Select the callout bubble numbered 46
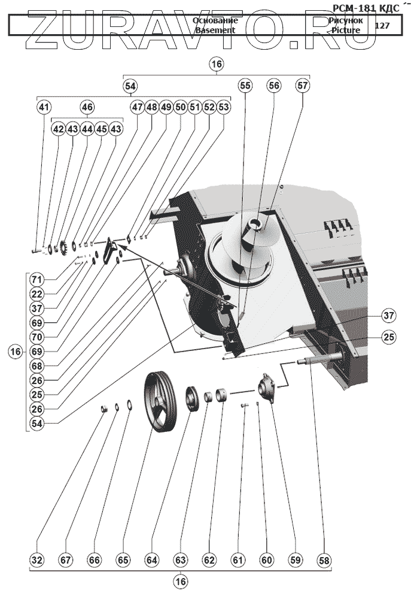click(87, 108)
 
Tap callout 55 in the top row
click(245, 86)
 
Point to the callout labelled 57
click(303, 86)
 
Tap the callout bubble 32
click(38, 560)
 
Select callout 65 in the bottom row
click(123, 560)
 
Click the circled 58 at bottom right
click(324, 560)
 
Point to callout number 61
click(238, 560)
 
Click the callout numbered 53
click(223, 108)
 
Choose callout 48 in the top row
click(151, 108)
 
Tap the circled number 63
click(181, 560)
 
